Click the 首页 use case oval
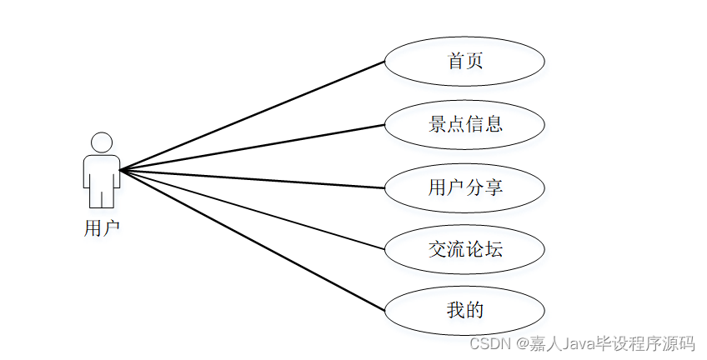(464, 62)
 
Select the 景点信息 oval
(464, 124)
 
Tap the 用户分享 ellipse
(464, 187)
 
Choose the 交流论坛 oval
(464, 248)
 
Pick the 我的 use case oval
(464, 311)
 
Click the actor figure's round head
(102, 142)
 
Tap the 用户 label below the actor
(102, 227)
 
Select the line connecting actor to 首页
(250, 116)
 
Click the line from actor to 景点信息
(250, 147)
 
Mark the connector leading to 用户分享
(250, 178)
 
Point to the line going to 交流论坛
(250, 209)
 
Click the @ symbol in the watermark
(522, 342)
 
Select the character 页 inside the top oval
(475, 62)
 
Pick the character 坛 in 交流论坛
(494, 248)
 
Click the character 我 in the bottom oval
(455, 311)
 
